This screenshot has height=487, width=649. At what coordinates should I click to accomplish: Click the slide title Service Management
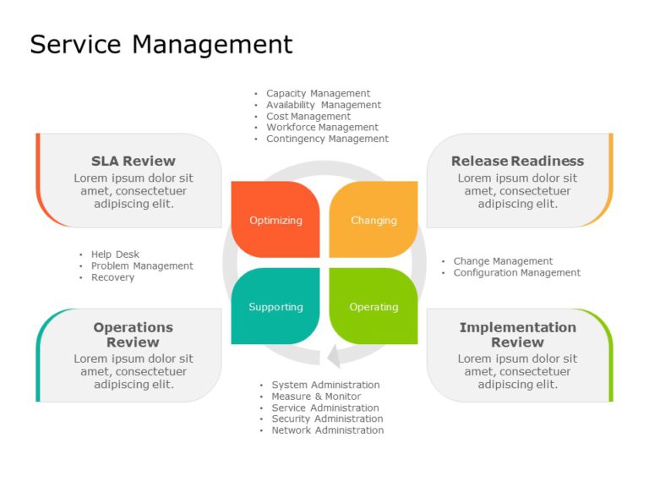tap(161, 44)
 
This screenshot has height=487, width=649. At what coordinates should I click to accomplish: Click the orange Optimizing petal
tap(275, 220)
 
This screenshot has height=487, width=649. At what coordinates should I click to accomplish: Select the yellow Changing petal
tap(374, 220)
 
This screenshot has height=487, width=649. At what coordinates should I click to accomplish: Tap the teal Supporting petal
tap(275, 306)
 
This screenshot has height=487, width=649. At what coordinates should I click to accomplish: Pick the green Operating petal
tap(374, 306)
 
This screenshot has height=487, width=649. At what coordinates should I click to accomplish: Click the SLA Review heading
tap(134, 161)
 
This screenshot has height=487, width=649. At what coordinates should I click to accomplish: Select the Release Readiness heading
tap(517, 161)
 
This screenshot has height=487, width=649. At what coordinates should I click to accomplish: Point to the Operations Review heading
tap(133, 335)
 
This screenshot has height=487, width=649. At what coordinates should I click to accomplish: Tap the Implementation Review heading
tap(517, 335)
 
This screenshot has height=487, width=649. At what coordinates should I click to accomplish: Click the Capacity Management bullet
tap(318, 93)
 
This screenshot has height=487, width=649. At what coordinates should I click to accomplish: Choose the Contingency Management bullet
tap(327, 139)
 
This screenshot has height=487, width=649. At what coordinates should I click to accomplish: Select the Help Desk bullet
tap(115, 254)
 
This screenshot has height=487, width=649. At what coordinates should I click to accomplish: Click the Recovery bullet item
tap(112, 277)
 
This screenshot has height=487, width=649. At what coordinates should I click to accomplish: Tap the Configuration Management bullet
tap(516, 272)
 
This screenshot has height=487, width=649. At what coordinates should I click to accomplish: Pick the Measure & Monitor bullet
tap(315, 396)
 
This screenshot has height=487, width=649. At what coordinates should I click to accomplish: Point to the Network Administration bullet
tap(327, 430)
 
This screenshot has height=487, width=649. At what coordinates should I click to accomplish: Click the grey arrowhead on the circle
tap(335, 356)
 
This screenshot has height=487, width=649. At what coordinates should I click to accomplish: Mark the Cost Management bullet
tap(308, 116)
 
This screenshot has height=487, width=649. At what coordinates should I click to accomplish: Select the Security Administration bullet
tap(326, 419)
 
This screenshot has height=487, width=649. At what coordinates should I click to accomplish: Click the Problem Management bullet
tap(142, 265)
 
